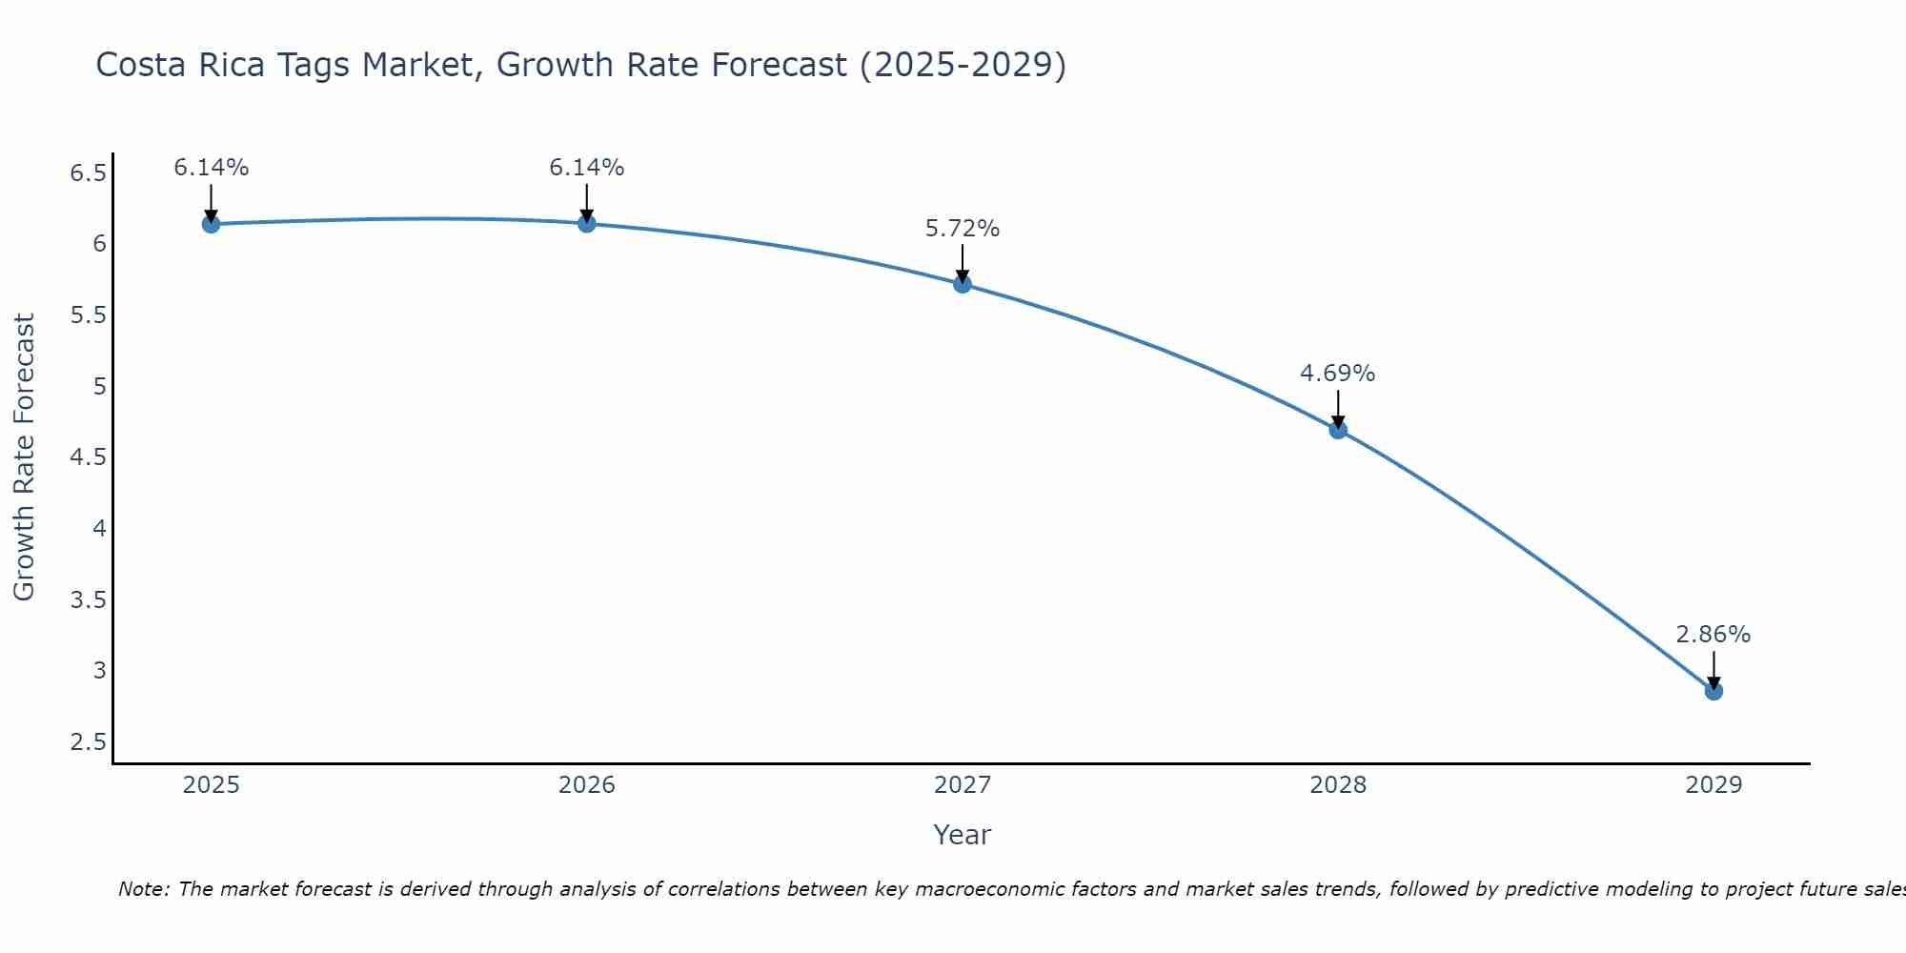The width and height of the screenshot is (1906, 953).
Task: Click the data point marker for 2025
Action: tap(211, 224)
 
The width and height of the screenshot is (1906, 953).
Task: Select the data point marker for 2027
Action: tap(963, 284)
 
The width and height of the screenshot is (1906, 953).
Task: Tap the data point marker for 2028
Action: tap(1338, 430)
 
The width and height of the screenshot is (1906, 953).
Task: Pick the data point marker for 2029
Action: tap(1713, 691)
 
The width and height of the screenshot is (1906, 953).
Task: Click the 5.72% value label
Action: tap(963, 229)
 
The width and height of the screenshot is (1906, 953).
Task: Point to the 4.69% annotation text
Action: tap(1338, 374)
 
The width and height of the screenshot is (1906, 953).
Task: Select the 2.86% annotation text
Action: tap(1713, 635)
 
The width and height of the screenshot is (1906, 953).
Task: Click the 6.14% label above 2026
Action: tap(587, 168)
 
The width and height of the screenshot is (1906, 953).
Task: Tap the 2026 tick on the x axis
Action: tap(587, 785)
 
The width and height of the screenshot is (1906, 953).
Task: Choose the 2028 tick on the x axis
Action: tap(1338, 785)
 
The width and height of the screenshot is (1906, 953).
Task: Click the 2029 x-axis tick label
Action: tap(1713, 785)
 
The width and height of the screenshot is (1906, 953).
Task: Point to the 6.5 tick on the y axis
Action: tap(88, 173)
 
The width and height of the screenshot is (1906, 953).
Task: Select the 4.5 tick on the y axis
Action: tap(88, 457)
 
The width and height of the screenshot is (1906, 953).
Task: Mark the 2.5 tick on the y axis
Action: tap(88, 742)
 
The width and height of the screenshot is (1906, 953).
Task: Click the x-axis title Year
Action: tap(963, 835)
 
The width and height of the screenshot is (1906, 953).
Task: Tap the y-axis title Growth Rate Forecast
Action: tap(25, 457)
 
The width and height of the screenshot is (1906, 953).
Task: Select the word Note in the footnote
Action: tap(143, 889)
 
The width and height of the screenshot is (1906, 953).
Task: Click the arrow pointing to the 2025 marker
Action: tap(211, 202)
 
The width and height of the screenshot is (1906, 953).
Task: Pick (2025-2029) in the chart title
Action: tap(963, 65)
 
